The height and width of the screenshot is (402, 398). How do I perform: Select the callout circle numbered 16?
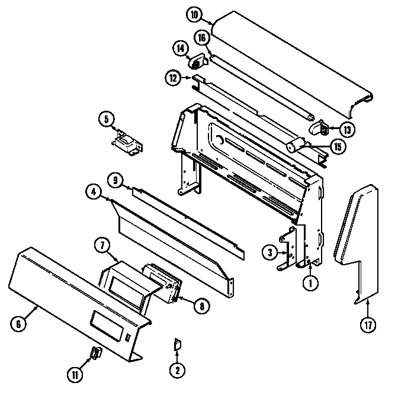(201, 38)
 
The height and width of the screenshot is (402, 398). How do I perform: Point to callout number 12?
(173, 77)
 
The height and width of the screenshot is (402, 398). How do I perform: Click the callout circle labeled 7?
(101, 245)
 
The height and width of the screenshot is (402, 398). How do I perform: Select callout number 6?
(20, 323)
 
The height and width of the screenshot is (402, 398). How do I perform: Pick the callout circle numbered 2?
(176, 371)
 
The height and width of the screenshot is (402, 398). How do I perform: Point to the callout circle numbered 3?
(270, 253)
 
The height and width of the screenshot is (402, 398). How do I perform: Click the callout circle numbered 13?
(348, 129)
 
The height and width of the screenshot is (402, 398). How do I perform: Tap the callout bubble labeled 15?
(338, 146)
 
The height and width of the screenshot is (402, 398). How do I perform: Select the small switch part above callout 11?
(94, 353)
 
